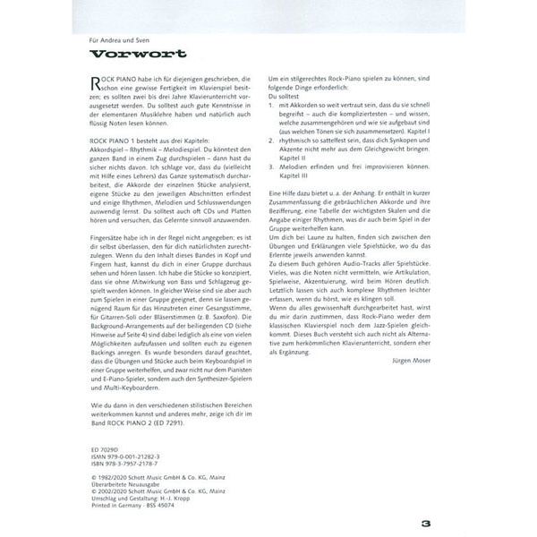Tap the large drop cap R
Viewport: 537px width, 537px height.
[x=98, y=82]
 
